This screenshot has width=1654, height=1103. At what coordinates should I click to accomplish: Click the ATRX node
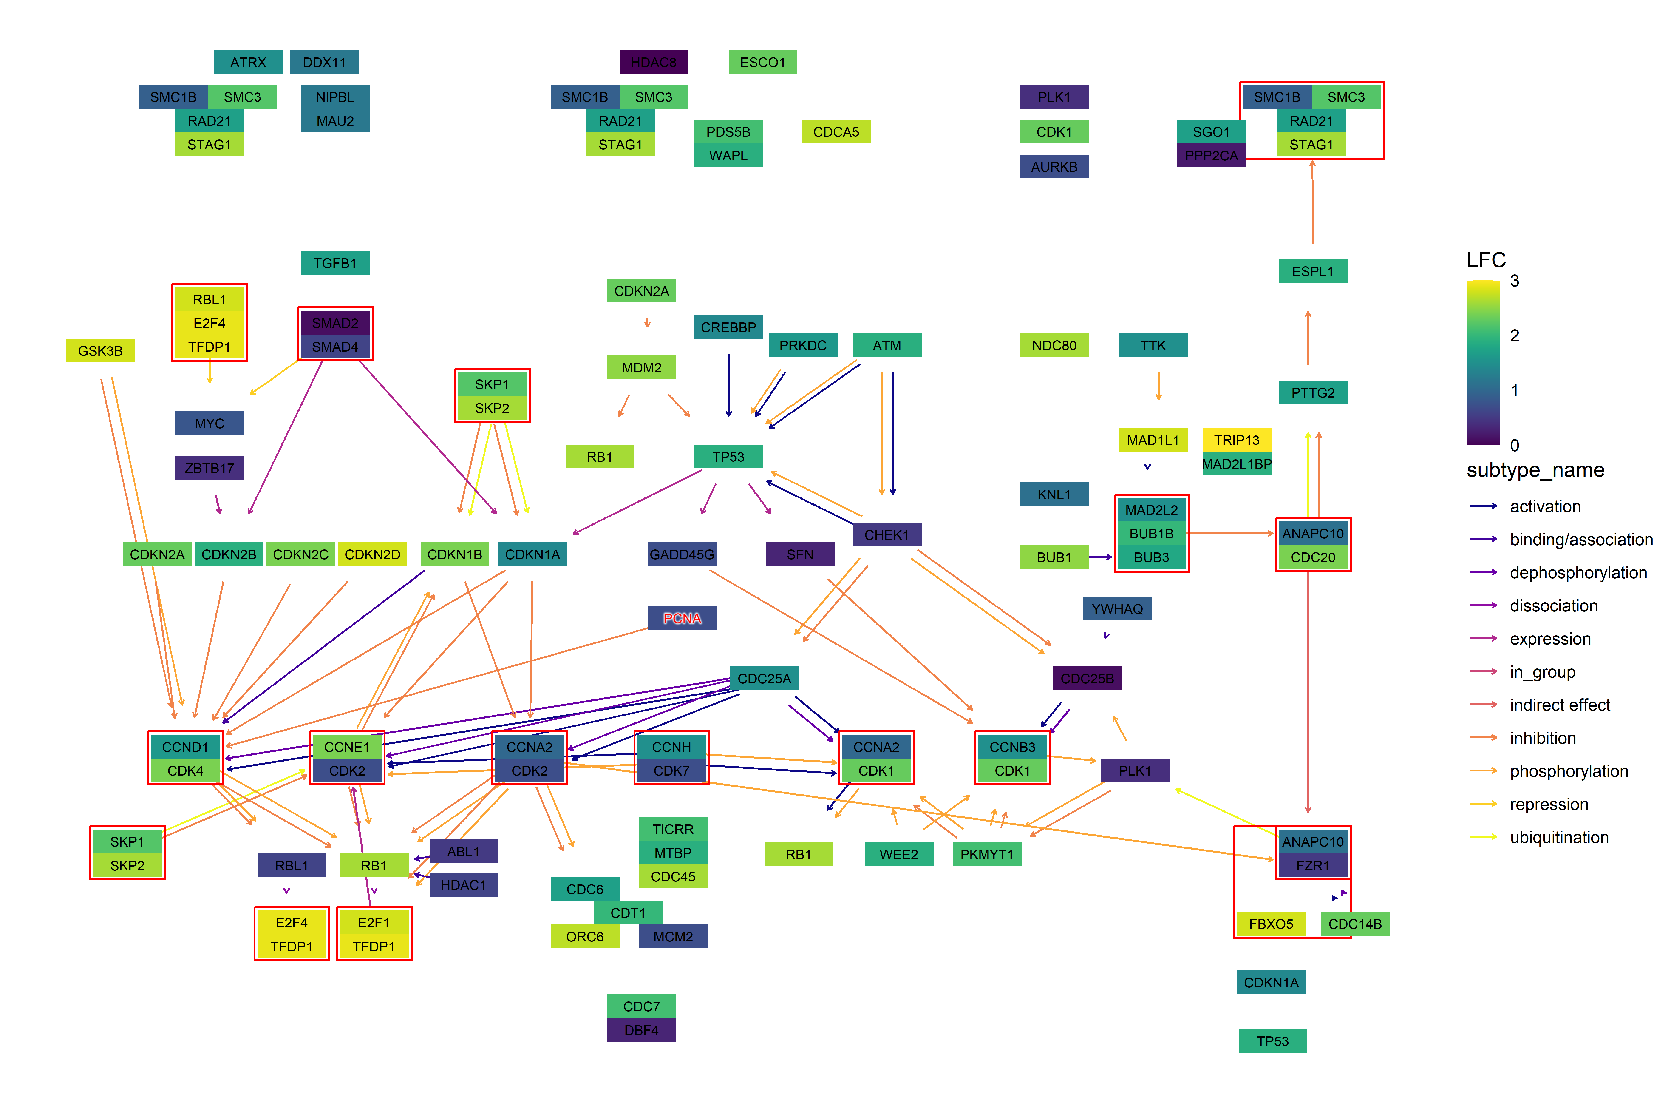(248, 62)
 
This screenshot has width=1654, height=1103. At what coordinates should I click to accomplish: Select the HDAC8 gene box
(653, 62)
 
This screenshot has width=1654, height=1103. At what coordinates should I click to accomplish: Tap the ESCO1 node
(762, 62)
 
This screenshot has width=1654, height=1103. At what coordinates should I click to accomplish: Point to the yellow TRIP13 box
(1236, 440)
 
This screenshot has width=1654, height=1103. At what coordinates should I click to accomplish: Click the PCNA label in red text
(681, 618)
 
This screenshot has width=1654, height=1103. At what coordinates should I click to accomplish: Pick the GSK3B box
(100, 350)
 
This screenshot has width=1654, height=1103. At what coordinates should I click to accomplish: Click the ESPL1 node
(1312, 271)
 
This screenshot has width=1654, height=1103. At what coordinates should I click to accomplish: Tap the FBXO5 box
(1271, 924)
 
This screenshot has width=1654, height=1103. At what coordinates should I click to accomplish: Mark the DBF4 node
(641, 1030)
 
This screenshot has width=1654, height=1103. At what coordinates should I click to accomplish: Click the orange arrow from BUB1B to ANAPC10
(1231, 533)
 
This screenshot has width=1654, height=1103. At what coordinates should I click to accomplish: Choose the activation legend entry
(1544, 506)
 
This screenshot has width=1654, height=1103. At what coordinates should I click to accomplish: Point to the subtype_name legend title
(1535, 470)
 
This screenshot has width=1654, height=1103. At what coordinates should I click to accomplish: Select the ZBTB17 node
(209, 468)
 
